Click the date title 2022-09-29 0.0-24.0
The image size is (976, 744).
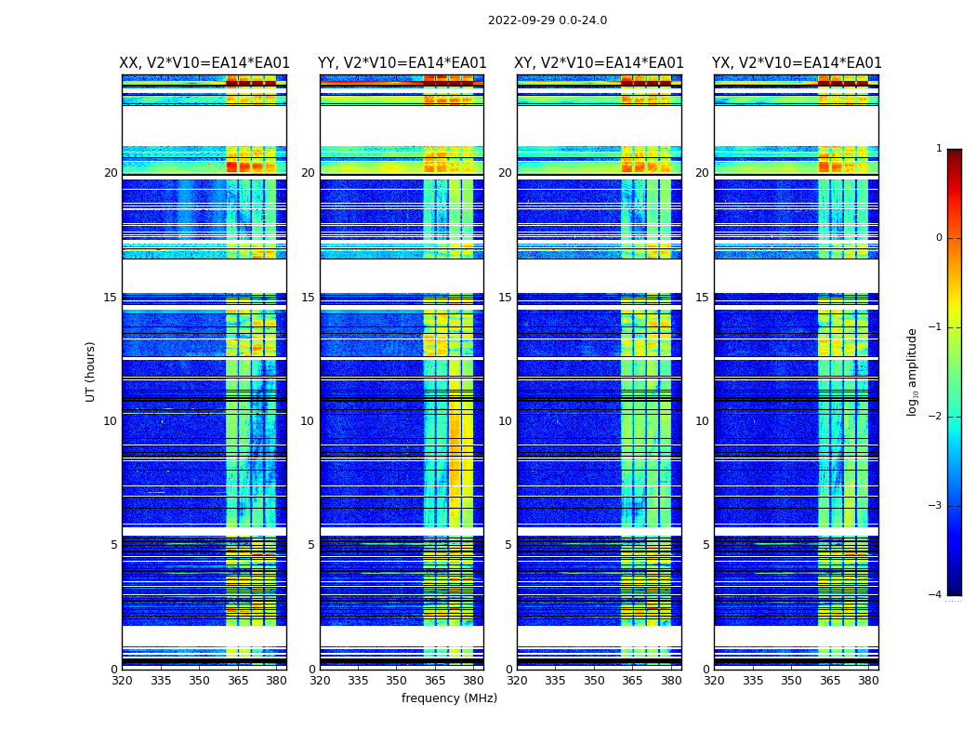click(x=547, y=20)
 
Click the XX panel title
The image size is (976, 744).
click(x=204, y=63)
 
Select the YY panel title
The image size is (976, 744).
click(x=402, y=63)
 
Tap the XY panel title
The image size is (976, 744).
click(x=600, y=63)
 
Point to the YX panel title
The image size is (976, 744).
click(x=797, y=63)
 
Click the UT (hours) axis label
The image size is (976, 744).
click(x=91, y=371)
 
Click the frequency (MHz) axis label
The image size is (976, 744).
click(x=449, y=698)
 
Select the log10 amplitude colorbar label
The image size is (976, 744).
click(x=913, y=371)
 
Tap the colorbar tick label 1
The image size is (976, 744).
click(x=939, y=149)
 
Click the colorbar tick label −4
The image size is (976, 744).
click(x=936, y=595)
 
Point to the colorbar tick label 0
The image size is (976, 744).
click(x=939, y=238)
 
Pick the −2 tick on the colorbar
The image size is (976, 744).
click(x=936, y=417)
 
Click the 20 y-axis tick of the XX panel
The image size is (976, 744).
click(x=111, y=173)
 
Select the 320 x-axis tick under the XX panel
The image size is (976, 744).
click(x=123, y=680)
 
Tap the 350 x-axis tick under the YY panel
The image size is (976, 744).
click(x=397, y=680)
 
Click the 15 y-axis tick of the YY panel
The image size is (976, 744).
click(x=308, y=298)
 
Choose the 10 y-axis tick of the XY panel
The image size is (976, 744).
click(x=505, y=421)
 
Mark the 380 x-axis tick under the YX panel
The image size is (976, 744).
click(x=868, y=680)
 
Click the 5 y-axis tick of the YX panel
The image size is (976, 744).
click(x=706, y=545)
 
